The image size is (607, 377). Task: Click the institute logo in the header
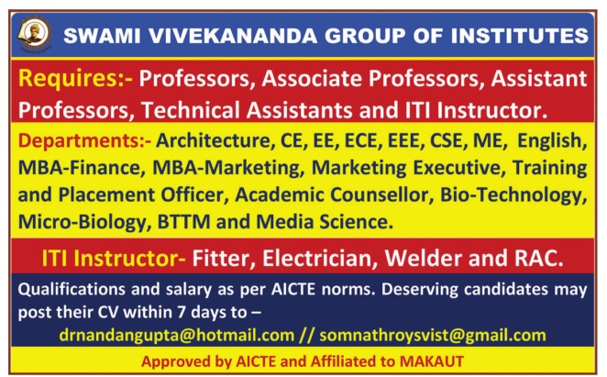pos(34,35)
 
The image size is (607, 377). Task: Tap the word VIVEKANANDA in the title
pos(234,36)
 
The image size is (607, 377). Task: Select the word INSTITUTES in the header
pos(520,36)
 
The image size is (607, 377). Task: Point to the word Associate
pos(313,79)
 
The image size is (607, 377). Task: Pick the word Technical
pos(191,110)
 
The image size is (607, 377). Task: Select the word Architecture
pos(214,140)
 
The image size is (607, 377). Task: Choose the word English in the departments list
pos(552,141)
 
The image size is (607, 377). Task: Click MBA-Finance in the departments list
pos(80,168)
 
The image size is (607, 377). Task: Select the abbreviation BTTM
pos(184,222)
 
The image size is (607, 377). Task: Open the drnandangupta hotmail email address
pos(177,336)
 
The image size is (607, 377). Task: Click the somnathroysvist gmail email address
pos(433,336)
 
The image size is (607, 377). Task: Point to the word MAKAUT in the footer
pos(432,361)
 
